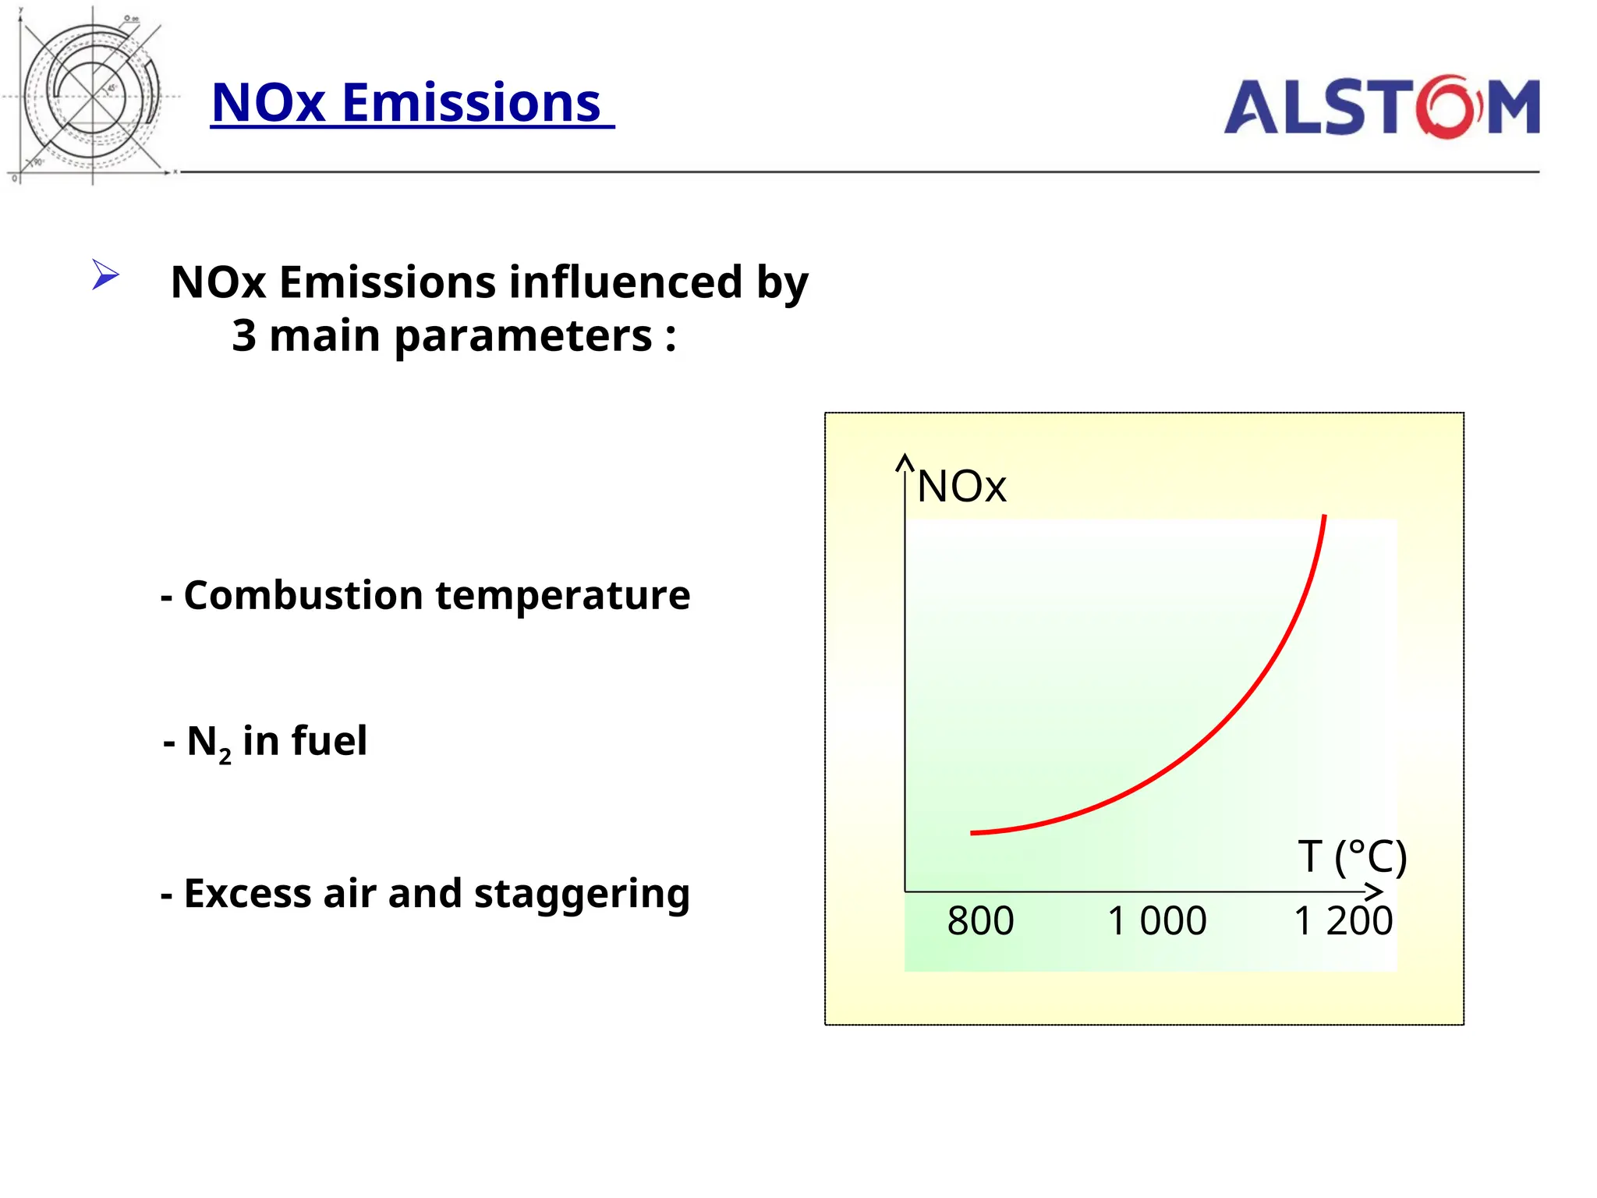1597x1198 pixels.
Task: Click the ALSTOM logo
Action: [1381, 107]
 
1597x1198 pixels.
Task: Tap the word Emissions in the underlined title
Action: [471, 103]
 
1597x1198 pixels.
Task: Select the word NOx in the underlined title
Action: [268, 103]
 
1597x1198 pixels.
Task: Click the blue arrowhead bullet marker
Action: [104, 275]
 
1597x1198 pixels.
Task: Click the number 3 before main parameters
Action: [244, 335]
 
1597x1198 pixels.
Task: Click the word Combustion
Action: [303, 595]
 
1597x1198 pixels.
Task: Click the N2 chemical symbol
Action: [208, 743]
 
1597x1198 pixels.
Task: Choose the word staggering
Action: [582, 895]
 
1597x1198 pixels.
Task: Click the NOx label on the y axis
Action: [961, 487]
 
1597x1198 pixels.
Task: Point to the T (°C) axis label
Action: [1352, 856]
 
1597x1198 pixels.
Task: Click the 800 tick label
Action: [980, 921]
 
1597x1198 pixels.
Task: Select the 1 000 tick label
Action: [1156, 921]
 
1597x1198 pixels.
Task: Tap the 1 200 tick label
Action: [1343, 921]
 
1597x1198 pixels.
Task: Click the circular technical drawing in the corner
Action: [92, 95]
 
